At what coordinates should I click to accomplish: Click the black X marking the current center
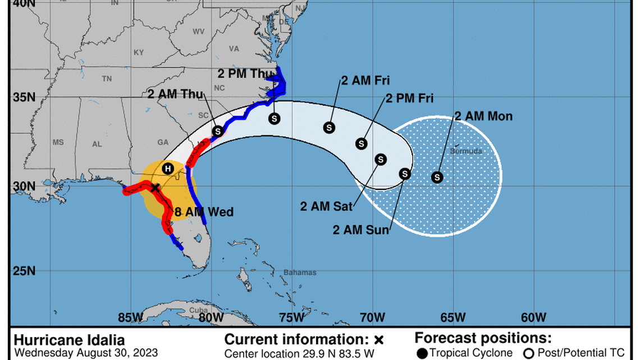156,188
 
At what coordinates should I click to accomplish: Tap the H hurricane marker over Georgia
167,168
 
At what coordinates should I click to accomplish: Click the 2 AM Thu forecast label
175,94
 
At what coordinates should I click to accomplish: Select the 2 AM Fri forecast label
365,80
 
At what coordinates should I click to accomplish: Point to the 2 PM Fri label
409,98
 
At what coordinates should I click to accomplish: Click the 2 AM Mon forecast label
483,116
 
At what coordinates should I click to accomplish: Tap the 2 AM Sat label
326,207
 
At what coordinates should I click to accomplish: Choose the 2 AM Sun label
360,230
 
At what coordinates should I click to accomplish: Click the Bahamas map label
299,273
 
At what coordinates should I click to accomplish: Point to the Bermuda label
465,152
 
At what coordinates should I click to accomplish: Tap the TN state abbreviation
107,79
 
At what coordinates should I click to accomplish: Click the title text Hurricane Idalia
69,340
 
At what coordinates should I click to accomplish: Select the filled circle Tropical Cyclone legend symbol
421,353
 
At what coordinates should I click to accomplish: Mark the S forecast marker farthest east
437,177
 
